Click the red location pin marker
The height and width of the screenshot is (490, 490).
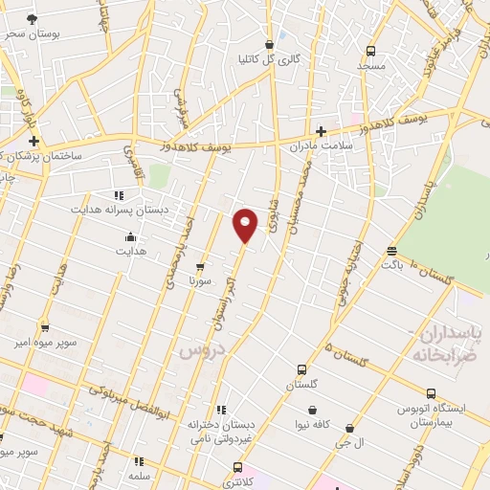(x=246, y=224)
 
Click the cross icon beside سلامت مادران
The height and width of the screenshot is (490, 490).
(x=321, y=131)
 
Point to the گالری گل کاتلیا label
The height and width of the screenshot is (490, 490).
(x=269, y=58)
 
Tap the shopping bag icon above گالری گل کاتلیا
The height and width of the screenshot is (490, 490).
(x=269, y=44)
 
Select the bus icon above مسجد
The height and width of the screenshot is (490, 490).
(x=370, y=51)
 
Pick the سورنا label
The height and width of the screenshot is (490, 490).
(x=199, y=281)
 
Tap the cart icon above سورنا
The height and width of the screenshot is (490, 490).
(x=199, y=267)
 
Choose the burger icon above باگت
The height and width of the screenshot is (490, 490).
(x=390, y=251)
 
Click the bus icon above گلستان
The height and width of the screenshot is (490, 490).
(x=302, y=369)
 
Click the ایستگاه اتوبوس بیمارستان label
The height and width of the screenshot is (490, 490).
(x=431, y=414)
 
